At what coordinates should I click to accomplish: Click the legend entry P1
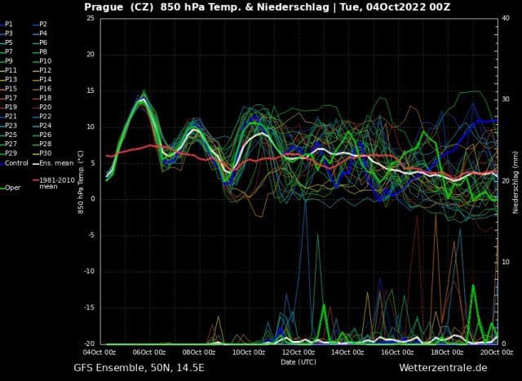pos(11,24)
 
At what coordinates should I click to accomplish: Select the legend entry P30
pos(46,153)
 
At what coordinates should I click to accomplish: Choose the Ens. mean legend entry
pos(53,163)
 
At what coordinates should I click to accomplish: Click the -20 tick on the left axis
pos(91,343)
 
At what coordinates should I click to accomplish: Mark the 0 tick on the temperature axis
pos(95,199)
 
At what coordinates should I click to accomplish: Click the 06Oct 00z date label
pos(149,352)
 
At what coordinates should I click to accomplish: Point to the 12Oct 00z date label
pos(298,352)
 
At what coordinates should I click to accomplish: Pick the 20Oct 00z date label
pos(496,352)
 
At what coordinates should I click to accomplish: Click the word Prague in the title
pos(105,7)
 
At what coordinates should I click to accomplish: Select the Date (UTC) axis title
pos(299,361)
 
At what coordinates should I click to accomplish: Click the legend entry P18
pos(46,98)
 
